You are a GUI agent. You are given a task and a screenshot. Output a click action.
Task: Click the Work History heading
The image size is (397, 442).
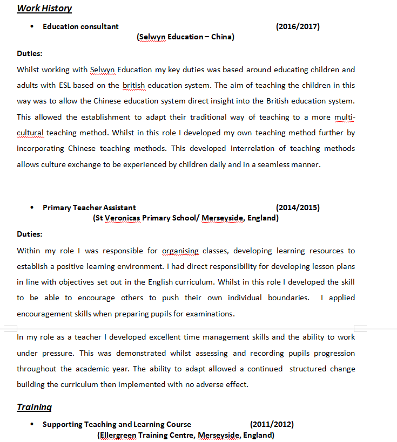[44, 8]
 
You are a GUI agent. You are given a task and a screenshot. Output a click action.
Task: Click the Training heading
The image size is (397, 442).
[34, 407]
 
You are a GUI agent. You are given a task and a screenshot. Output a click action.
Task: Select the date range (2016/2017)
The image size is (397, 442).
[298, 26]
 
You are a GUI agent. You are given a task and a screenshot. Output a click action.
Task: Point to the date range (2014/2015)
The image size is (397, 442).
[298, 208]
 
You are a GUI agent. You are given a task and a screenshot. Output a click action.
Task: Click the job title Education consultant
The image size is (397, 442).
[80, 26]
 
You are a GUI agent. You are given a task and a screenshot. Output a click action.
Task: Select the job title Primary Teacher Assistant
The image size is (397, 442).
[89, 208]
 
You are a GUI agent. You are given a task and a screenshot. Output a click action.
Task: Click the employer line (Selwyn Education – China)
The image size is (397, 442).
[185, 37]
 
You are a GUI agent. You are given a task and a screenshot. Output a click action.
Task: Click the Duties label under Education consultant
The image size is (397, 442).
[30, 53]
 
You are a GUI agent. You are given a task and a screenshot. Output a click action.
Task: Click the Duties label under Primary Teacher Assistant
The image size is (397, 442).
[30, 234]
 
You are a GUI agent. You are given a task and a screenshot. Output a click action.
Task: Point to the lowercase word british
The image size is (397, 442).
[134, 85]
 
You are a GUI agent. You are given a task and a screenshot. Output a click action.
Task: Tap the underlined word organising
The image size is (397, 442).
[180, 251]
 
